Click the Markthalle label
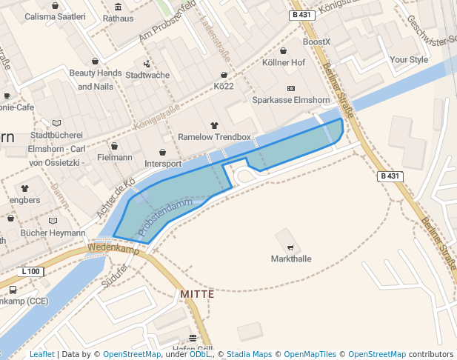coord(291,259)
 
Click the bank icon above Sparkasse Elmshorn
coord(290,88)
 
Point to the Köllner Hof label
coord(284,63)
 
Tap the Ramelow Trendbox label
coord(215,138)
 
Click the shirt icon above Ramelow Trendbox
coord(215,126)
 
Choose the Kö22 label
coord(224,87)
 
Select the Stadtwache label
coord(147,75)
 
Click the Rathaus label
coord(119,18)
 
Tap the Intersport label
coord(163,164)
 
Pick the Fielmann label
coord(114,158)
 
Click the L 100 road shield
coord(31,272)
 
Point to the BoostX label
coord(316,42)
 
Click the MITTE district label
coord(197,294)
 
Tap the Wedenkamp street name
coord(113,250)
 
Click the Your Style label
coord(409,59)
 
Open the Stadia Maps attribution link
coord(248,354)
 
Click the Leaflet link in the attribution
coord(41,354)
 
